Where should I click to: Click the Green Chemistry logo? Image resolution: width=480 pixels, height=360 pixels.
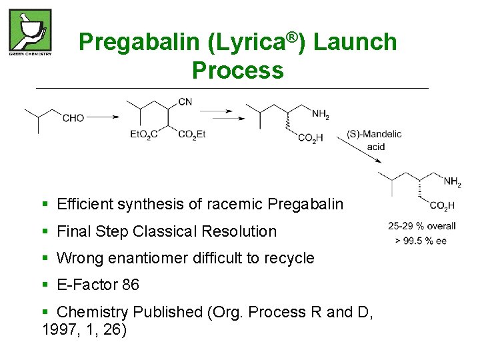(30, 32)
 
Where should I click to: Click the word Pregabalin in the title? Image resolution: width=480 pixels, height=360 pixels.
(139, 42)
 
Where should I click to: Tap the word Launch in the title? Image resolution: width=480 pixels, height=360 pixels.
(355, 42)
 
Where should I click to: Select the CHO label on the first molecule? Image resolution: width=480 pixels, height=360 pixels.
(73, 118)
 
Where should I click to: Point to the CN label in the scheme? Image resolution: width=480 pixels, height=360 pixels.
(185, 101)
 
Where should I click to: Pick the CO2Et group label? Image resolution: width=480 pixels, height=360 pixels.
(192, 134)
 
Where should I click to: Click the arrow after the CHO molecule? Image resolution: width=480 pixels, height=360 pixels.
(103, 117)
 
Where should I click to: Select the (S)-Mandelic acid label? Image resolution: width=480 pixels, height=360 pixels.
(375, 140)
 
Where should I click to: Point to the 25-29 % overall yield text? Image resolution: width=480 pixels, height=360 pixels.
(422, 226)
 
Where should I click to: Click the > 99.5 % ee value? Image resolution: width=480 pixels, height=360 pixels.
(421, 241)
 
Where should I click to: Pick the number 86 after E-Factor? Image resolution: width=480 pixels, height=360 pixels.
(131, 285)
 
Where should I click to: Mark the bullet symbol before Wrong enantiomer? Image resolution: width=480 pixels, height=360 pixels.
(45, 258)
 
